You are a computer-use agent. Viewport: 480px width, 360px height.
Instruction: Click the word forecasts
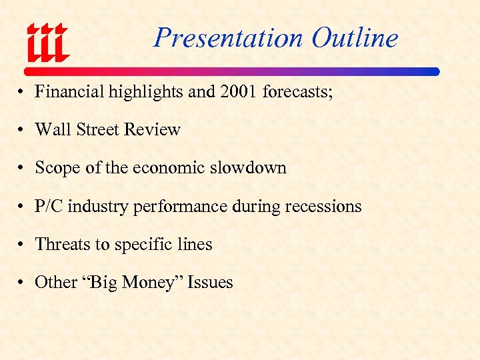297,91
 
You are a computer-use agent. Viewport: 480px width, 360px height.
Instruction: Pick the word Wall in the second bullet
48,129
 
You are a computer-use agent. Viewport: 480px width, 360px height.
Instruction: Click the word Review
153,129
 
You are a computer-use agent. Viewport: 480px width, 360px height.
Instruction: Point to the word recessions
323,206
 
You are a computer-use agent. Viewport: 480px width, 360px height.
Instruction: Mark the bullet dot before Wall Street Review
22,130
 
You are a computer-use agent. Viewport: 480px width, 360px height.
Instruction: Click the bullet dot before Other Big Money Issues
22,283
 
